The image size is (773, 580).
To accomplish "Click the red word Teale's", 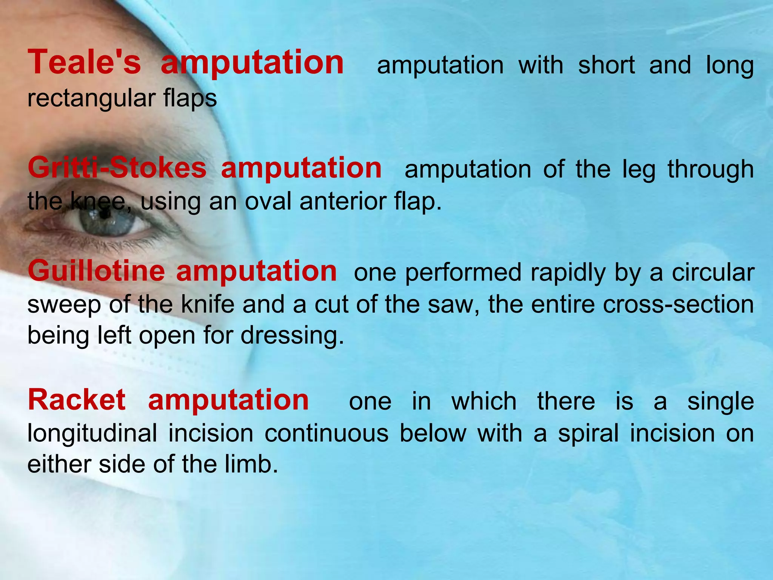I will pos(84,63).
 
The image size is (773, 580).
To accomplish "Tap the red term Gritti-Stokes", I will pos(117,168).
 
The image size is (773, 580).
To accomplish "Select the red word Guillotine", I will pos(96,271).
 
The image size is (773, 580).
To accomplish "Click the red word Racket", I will pos(77,400).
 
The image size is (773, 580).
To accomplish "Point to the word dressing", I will pos(292,336).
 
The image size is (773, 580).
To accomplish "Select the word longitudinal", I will pos(92,433).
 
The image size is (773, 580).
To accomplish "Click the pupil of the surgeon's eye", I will pos(105,214).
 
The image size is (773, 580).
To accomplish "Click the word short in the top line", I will pos(607,66).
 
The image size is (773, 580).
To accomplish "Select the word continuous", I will pos(326,433).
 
